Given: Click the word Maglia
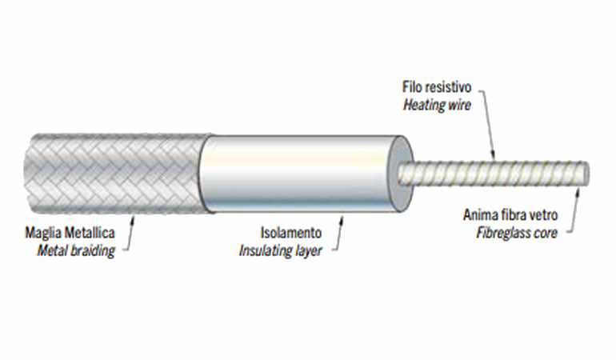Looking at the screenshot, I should click(42, 234).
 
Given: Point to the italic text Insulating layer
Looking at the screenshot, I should click(280, 250).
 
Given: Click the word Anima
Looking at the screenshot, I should click(480, 215).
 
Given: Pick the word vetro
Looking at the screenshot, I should click(542, 215).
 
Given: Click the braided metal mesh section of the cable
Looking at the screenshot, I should click(112, 173).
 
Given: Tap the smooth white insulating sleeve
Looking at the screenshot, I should click(296, 173).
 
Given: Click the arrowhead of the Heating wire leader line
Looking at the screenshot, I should click(494, 156).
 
